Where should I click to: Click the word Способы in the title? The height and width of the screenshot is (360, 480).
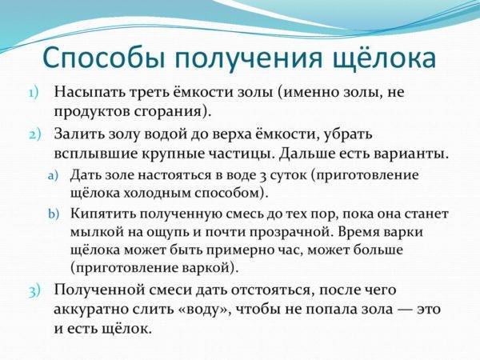point(104,58)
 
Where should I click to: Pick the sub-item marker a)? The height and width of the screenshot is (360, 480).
point(53,176)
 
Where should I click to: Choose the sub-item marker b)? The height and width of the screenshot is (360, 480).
point(54,214)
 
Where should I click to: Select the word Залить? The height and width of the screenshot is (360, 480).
point(78,134)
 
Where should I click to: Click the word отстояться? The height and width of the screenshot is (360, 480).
point(273,290)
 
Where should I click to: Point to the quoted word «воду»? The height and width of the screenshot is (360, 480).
point(204,310)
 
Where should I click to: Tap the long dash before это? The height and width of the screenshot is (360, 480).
point(404,310)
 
